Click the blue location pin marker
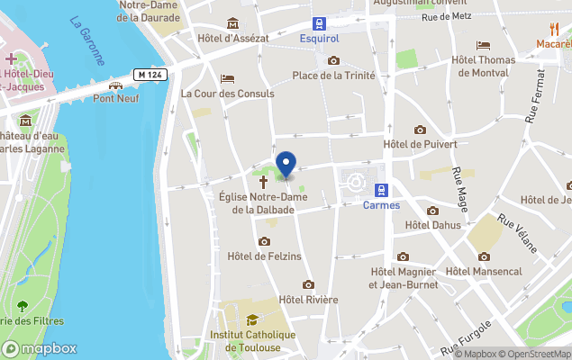tap(286, 165)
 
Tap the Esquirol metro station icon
tap(319, 23)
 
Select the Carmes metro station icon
tap(381, 190)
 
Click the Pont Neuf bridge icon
tap(115, 85)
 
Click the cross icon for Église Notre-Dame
tap(264, 181)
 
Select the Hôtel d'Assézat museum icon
tap(233, 23)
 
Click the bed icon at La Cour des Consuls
tap(227, 78)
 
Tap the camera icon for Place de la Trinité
tap(334, 60)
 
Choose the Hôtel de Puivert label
tap(420, 144)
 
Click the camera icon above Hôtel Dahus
tap(432, 211)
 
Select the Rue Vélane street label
tap(519, 235)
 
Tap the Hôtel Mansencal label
tap(484, 271)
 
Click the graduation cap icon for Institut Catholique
tap(252, 319)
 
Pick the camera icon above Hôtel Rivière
tap(308, 284)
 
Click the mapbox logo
tap(40, 348)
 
